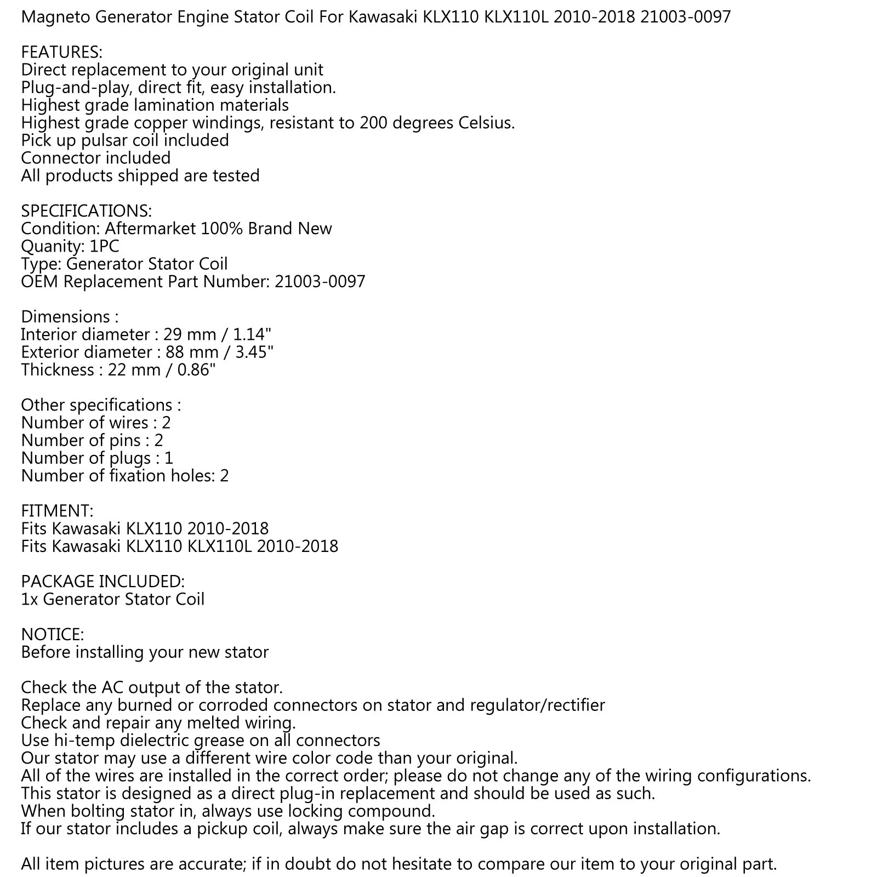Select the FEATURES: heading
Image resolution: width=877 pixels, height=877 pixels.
(x=61, y=52)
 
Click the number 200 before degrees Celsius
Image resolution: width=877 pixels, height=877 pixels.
(x=374, y=123)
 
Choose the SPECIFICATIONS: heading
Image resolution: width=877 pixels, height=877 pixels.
(x=86, y=211)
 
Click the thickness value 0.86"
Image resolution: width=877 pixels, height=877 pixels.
(x=197, y=369)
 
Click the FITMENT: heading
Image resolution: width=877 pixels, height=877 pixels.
(x=57, y=511)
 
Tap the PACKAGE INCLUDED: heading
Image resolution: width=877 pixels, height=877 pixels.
(x=102, y=581)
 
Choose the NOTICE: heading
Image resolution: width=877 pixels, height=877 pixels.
(x=52, y=634)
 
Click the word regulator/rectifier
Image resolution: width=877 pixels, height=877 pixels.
(x=537, y=705)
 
